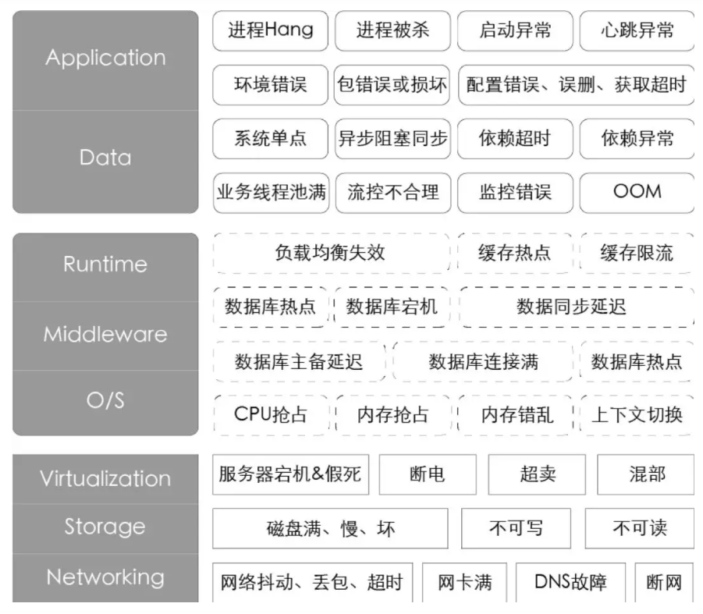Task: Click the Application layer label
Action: tap(105, 58)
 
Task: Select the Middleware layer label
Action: tap(105, 335)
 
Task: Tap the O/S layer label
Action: tap(105, 401)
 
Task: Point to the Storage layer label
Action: tap(105, 527)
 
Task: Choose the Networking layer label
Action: tap(105, 577)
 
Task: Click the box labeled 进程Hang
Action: tap(271, 31)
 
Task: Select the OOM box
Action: tap(637, 192)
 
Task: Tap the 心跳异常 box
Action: tap(637, 31)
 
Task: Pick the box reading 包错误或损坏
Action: tap(392, 85)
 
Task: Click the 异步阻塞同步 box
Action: tap(392, 139)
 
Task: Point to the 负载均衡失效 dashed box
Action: tap(331, 253)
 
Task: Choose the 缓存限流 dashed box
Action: tap(637, 253)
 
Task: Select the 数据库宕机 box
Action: tap(392, 307)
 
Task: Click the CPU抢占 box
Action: tap(271, 414)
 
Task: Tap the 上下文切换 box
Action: tap(637, 414)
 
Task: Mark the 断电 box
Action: tap(428, 474)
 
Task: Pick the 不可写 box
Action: tap(516, 528)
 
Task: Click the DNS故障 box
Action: tap(570, 582)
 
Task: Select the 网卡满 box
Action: tap(464, 582)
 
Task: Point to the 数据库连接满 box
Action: tap(484, 361)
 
